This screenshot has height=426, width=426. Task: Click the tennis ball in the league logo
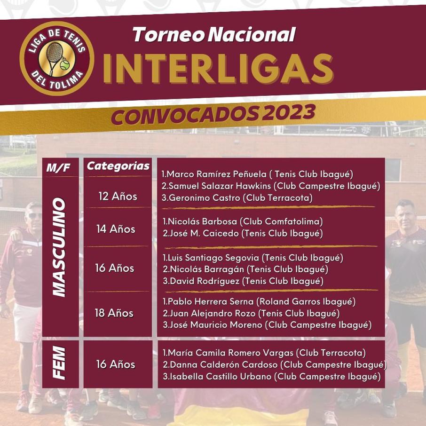[x=65, y=65]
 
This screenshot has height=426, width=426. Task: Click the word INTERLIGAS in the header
[x=218, y=69]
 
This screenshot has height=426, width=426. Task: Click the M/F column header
[x=58, y=168]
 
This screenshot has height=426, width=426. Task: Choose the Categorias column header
[x=118, y=166]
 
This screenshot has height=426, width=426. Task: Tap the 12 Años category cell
[x=118, y=196]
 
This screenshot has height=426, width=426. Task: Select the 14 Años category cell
[x=116, y=229]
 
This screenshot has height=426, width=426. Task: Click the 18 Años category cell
[x=114, y=313]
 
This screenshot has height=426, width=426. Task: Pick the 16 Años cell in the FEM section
[x=116, y=364]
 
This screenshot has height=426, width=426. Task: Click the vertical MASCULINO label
[x=59, y=247]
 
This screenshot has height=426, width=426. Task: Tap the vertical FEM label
[x=59, y=363]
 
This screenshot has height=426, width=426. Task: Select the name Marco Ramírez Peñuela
[x=217, y=174]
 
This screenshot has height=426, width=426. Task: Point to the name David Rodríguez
[x=205, y=281]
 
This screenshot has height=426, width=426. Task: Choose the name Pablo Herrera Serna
[x=211, y=301]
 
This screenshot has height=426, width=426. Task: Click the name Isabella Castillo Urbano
[x=221, y=376]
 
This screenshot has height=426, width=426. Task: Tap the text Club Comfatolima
[x=282, y=221]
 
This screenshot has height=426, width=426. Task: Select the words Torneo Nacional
[x=214, y=34]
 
